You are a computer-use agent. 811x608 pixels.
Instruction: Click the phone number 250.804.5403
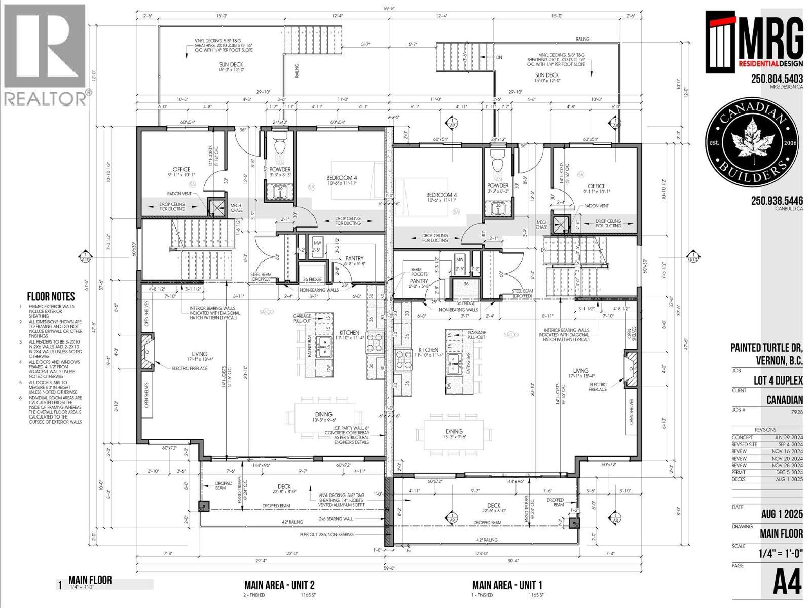[x=777, y=79]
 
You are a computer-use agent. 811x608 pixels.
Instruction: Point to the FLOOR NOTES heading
[x=51, y=297]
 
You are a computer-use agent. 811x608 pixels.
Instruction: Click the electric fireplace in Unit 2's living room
[x=146, y=351]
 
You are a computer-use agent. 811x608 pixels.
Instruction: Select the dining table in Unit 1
[x=454, y=432]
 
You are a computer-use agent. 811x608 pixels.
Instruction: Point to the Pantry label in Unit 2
[x=355, y=258]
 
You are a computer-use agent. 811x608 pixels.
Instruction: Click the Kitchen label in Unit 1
[x=428, y=350]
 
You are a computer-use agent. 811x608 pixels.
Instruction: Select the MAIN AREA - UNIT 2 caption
[x=280, y=584]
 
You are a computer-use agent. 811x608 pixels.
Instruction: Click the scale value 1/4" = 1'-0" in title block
[x=781, y=553]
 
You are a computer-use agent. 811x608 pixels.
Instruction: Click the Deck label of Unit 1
[x=493, y=505]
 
